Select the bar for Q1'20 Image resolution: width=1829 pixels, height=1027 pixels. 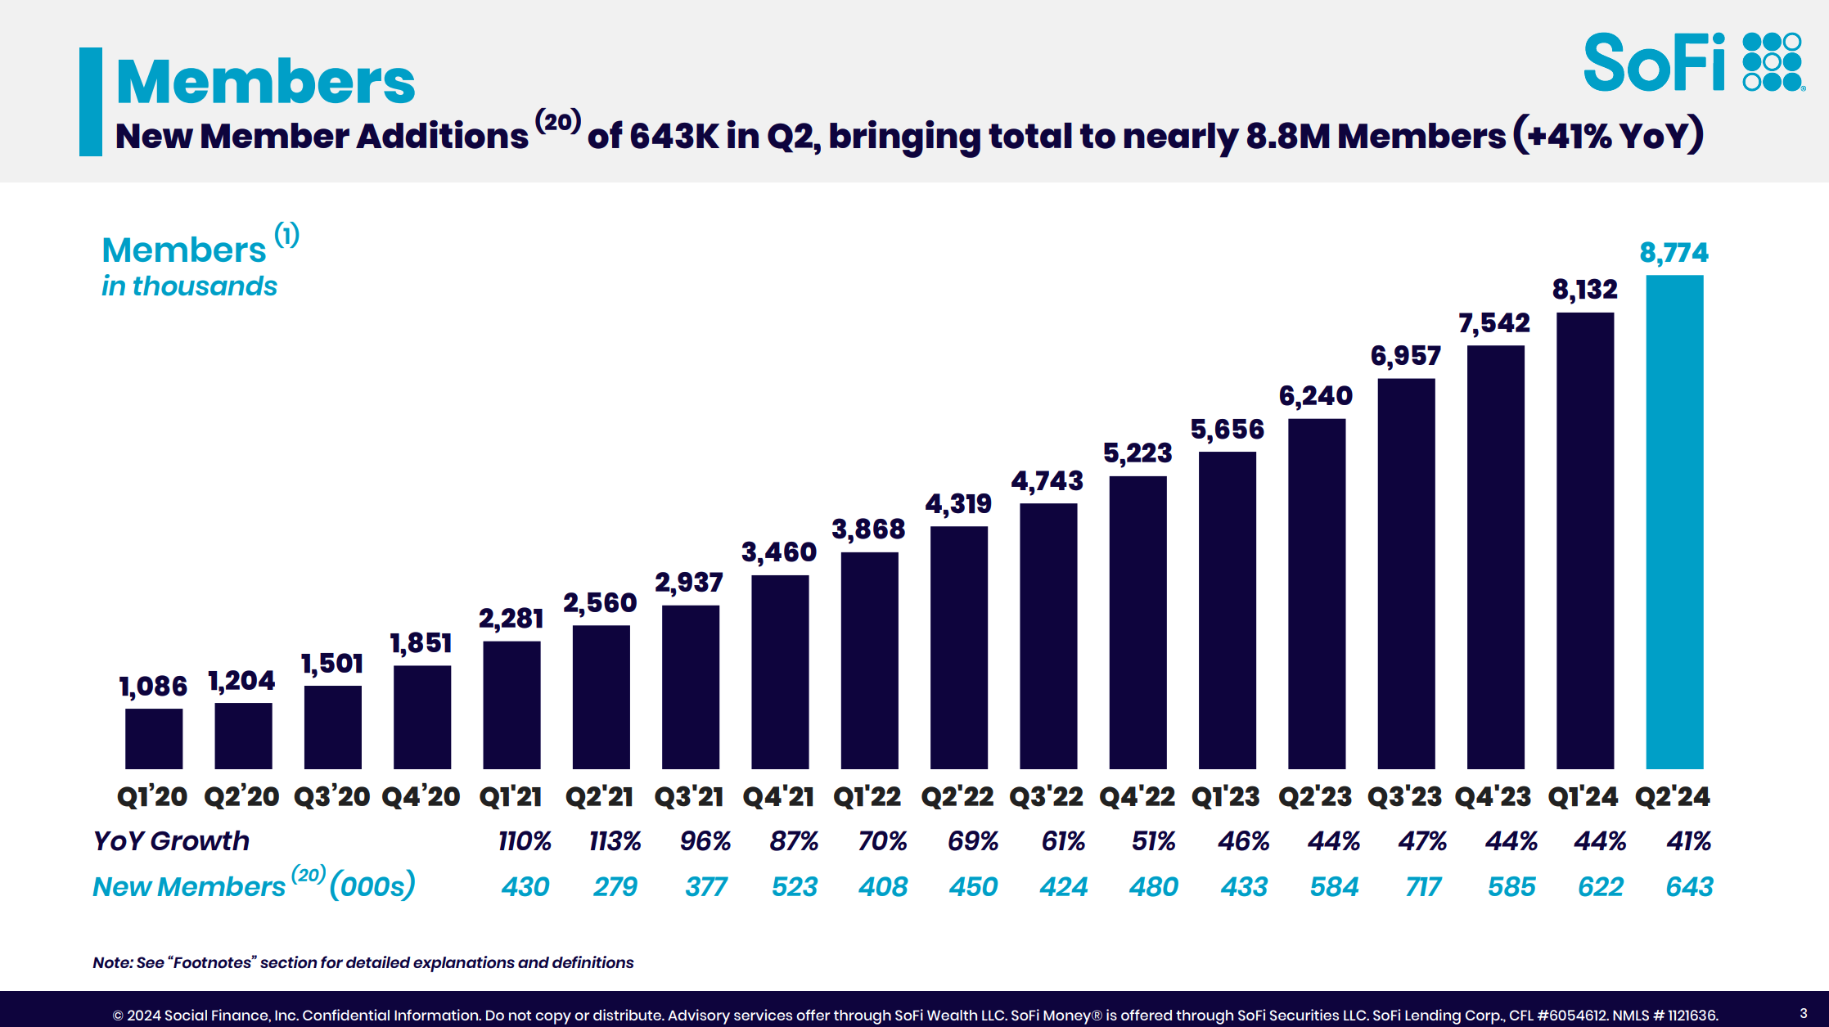click(x=154, y=738)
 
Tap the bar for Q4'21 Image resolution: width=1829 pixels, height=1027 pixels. click(x=780, y=672)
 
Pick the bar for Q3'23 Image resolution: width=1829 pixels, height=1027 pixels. click(x=1406, y=573)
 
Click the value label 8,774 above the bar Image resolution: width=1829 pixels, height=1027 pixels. click(x=1674, y=253)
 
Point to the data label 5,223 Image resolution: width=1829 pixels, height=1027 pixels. click(x=1137, y=453)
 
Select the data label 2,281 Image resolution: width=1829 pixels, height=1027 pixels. click(x=511, y=619)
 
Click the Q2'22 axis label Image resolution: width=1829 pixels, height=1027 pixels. click(x=957, y=796)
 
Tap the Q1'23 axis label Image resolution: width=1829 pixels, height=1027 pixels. click(x=1226, y=796)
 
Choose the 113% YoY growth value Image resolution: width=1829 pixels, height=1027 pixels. click(x=615, y=841)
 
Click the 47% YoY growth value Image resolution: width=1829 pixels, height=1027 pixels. click(x=1422, y=841)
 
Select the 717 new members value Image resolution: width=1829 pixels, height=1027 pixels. click(x=1423, y=887)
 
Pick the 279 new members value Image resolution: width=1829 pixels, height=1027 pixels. click(x=615, y=887)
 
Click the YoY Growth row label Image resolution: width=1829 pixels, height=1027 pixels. click(x=171, y=841)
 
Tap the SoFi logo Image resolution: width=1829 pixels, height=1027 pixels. click(x=1692, y=62)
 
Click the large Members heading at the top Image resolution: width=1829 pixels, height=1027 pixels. click(x=266, y=82)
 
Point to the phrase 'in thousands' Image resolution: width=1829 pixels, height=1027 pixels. click(x=189, y=286)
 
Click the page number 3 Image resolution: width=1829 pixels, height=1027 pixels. click(x=1803, y=1013)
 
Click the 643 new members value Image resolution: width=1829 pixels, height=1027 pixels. click(x=1689, y=887)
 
